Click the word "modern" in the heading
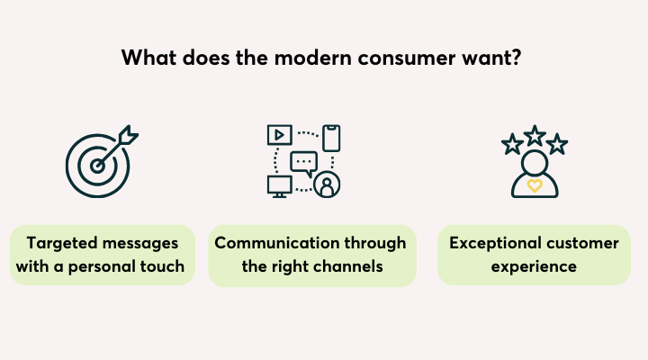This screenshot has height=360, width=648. pos(313,58)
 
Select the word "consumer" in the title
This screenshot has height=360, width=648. pos(407,58)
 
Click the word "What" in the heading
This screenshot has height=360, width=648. pos(148,58)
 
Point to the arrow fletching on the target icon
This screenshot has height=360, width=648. pos(128,135)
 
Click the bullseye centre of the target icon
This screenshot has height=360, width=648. pos(97,166)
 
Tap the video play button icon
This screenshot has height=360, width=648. pos(280,135)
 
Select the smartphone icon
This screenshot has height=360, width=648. pos(331,138)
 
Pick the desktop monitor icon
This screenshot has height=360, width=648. pos(279,186)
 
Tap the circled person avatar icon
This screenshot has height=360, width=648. pos(327,184)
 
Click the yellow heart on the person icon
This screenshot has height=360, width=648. pos(535,185)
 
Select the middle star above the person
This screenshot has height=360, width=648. pos(535,136)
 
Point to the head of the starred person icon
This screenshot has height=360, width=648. pos(535,163)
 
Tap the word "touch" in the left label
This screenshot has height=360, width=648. pos(162,266)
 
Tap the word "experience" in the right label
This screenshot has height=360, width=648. pos(534,267)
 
